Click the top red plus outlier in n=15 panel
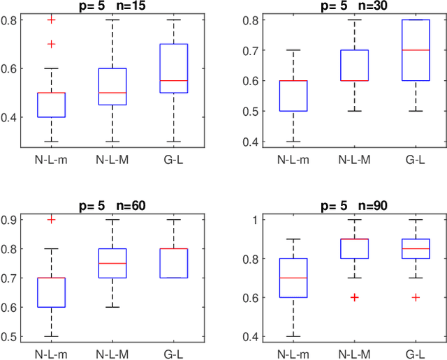(50, 20)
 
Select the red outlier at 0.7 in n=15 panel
(50, 44)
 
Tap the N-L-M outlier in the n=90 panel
(355, 297)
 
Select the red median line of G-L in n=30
(415, 50)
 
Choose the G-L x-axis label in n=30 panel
(415, 158)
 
